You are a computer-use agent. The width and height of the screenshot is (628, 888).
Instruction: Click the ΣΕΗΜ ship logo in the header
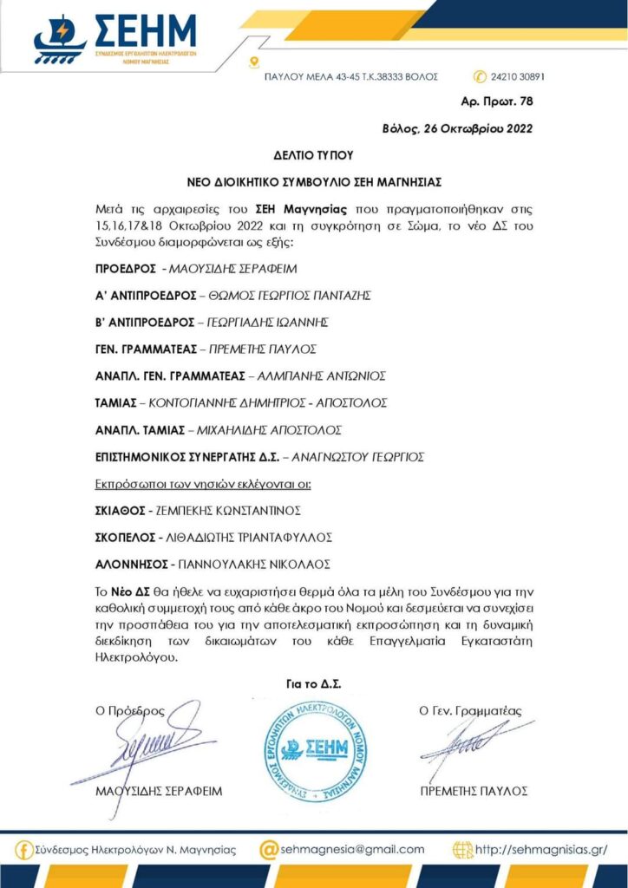point(59,41)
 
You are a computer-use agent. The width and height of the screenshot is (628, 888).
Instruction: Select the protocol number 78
point(525,101)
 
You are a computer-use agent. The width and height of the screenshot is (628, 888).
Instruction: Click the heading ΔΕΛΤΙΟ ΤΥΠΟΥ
point(314,156)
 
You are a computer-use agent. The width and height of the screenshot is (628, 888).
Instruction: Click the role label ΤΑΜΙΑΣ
point(117,402)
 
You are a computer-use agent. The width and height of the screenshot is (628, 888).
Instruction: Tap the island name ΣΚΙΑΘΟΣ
point(121,510)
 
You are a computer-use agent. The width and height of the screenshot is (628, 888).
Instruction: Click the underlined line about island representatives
point(202,483)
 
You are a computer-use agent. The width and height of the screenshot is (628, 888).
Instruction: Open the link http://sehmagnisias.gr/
point(541,851)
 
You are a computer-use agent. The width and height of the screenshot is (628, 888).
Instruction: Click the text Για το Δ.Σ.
point(313,682)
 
